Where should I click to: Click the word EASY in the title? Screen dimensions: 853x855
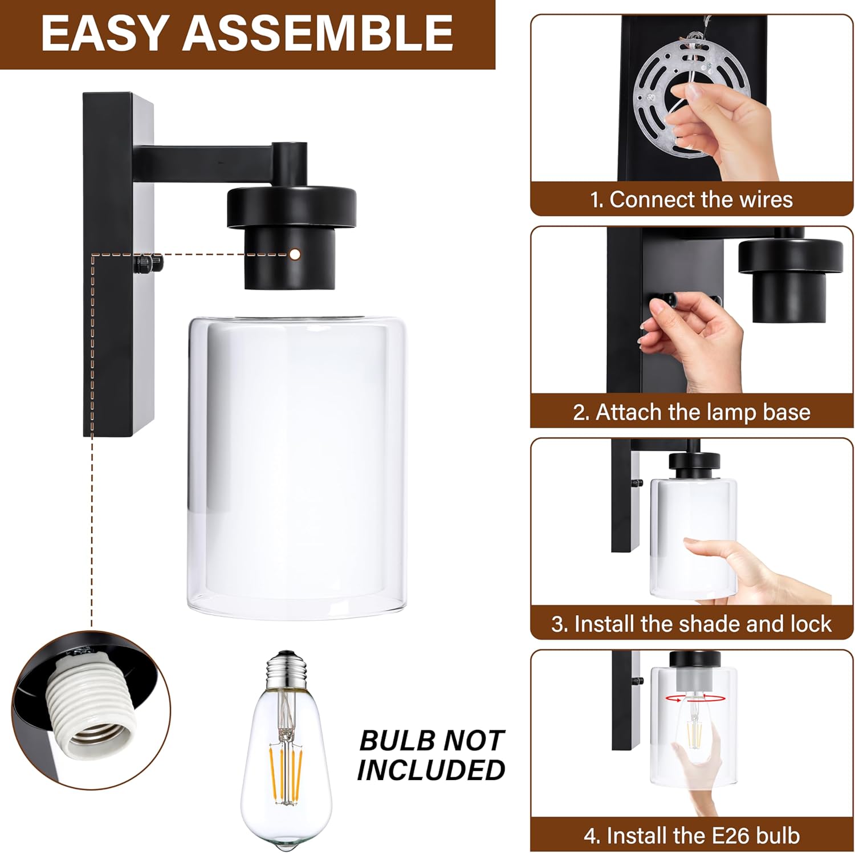105,33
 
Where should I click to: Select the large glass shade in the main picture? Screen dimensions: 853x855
296,468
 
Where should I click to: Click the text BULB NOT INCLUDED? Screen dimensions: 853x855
431,755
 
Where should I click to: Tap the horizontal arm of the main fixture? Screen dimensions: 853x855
205,155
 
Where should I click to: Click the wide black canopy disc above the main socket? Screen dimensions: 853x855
291,205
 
